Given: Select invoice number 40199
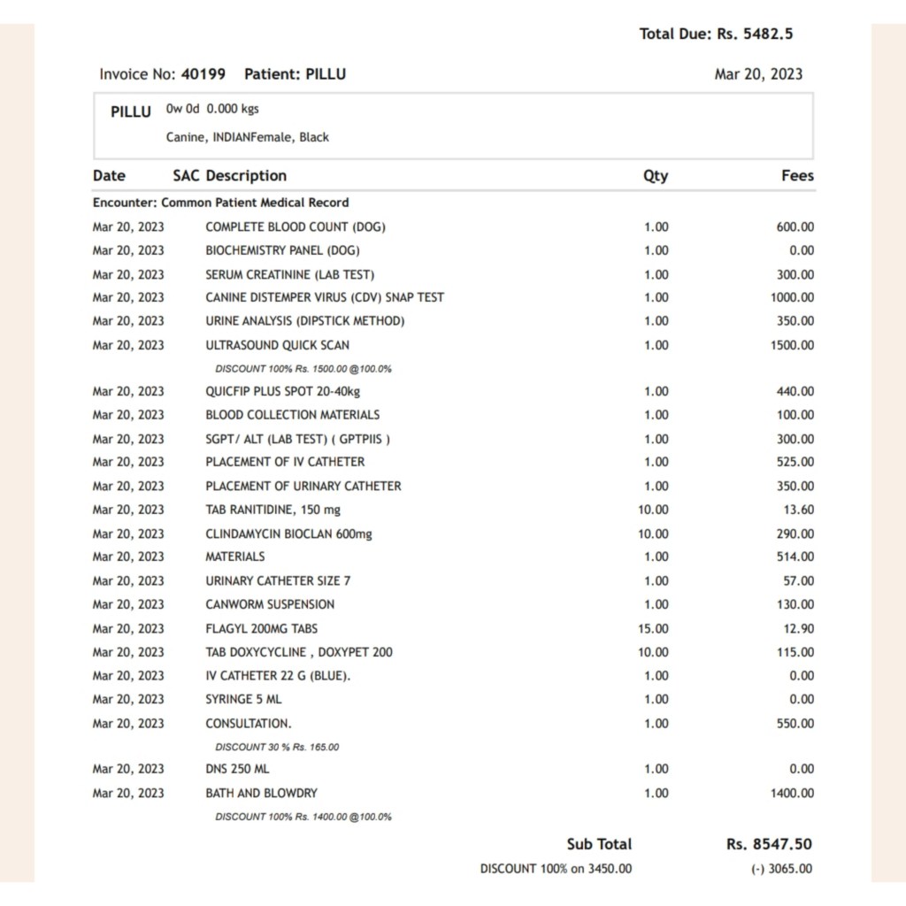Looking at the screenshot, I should [x=203, y=74].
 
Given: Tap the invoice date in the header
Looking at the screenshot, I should [x=758, y=74].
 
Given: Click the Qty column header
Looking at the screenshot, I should [x=656, y=176].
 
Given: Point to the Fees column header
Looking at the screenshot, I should [x=797, y=176].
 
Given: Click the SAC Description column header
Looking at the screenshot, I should [x=229, y=176].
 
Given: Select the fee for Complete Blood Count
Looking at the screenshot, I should [x=795, y=227].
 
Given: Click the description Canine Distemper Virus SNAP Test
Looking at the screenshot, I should [x=325, y=298].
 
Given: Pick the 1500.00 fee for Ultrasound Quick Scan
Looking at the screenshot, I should [x=792, y=345].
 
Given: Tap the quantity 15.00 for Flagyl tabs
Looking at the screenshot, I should [x=653, y=628].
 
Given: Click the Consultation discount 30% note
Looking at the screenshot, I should [x=277, y=747].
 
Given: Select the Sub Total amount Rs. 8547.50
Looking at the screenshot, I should [x=769, y=844].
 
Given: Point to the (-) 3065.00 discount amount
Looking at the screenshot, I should [x=781, y=869].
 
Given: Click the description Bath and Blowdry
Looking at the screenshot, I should [x=261, y=794].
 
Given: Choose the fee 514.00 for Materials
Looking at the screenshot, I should [x=795, y=557].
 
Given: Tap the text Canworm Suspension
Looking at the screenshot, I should [x=270, y=604].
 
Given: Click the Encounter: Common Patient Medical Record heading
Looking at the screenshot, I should [x=220, y=203].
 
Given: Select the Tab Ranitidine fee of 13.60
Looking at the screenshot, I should [x=798, y=510].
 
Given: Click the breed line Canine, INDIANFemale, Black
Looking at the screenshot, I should [x=247, y=137].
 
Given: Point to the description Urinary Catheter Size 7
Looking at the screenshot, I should [x=278, y=581].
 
